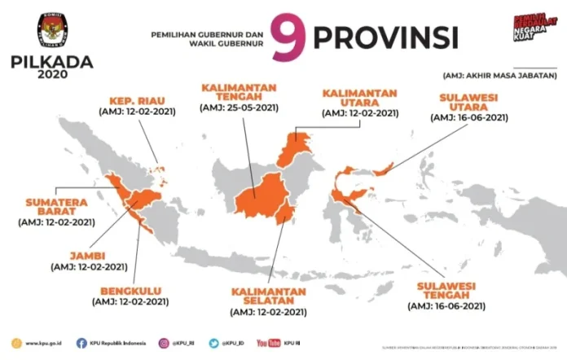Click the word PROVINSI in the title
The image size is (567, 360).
click(386, 37)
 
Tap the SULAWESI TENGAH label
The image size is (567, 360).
click(448, 291)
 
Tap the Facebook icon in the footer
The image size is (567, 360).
click(81, 343)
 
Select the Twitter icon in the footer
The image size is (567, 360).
click(213, 343)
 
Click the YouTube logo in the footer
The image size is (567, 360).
click(268, 343)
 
